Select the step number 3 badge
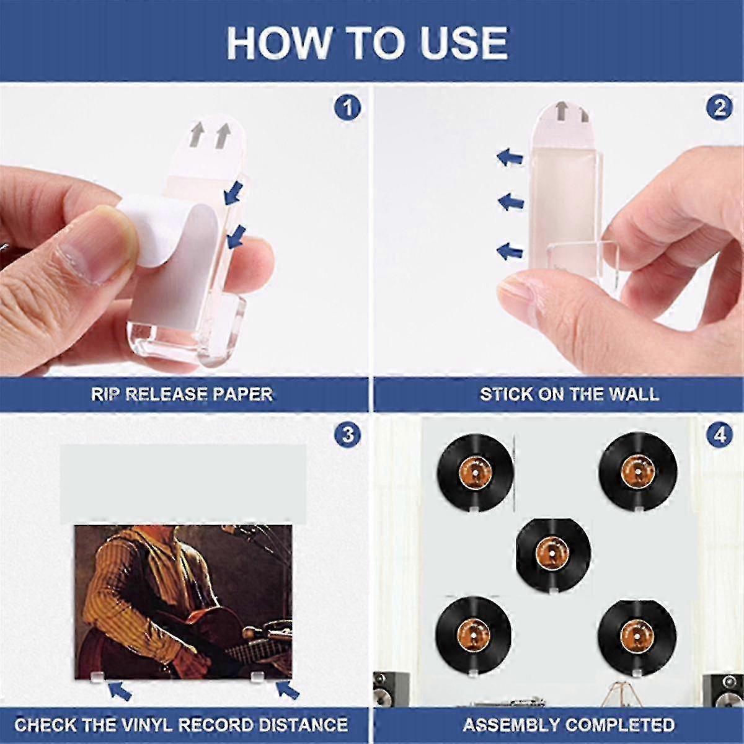pyautogui.click(x=347, y=435)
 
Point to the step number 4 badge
pyautogui.click(x=720, y=435)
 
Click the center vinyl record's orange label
pyautogui.click(x=552, y=553)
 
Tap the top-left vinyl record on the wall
pyautogui.click(x=476, y=471)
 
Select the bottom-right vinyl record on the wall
pyautogui.click(x=637, y=637)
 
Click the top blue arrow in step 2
pyautogui.click(x=510, y=157)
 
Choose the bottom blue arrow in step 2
pyautogui.click(x=510, y=251)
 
